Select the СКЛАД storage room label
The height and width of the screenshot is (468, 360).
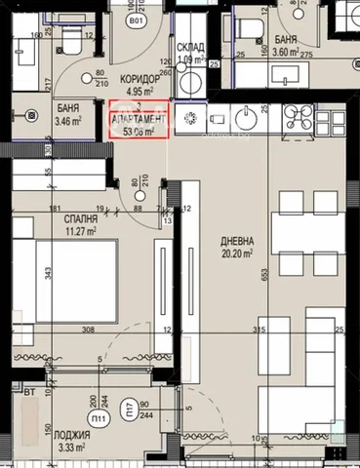[190, 48]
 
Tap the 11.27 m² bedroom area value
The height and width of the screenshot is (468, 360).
[68, 232]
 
